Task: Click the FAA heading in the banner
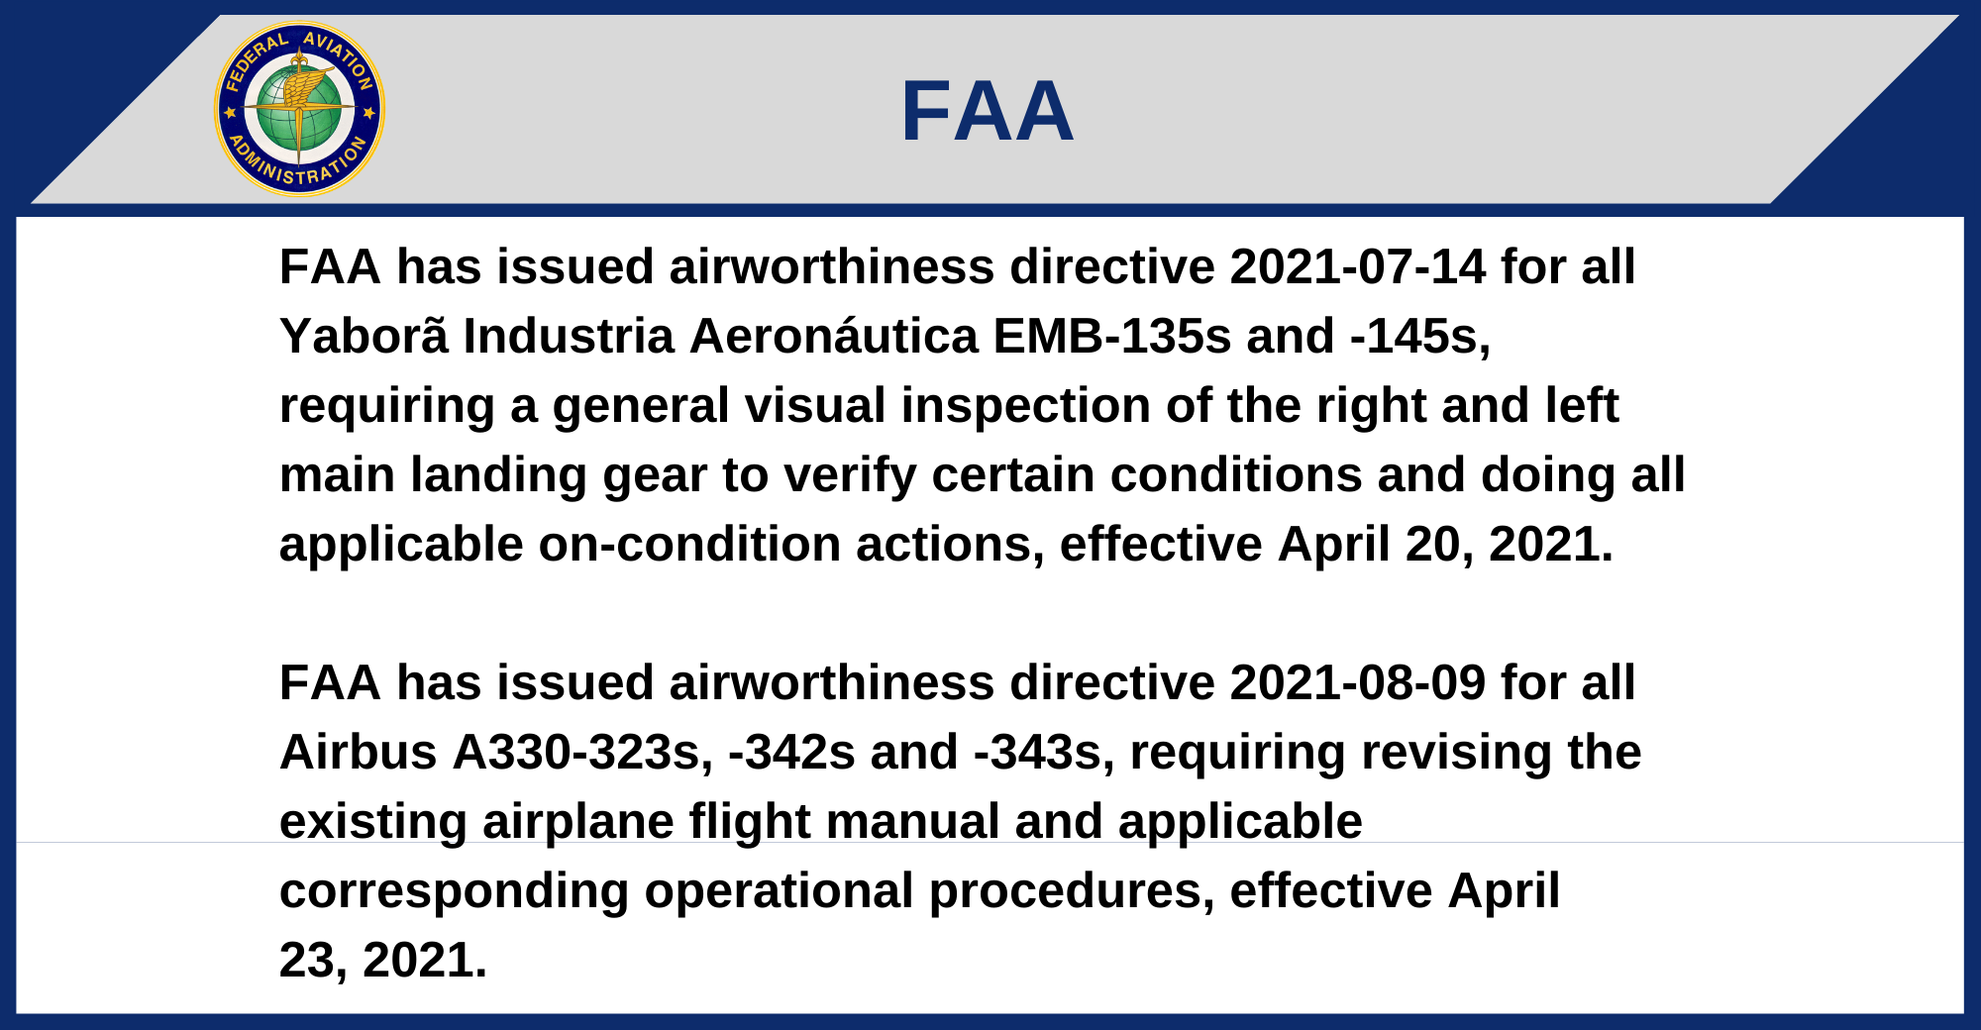[988, 111]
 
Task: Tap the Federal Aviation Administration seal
[299, 109]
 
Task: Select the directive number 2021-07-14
[1358, 266]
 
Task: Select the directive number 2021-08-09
[1358, 682]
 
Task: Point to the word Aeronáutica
[834, 336]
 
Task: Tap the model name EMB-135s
[1112, 336]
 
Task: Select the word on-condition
[689, 545]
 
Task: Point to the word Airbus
[359, 753]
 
